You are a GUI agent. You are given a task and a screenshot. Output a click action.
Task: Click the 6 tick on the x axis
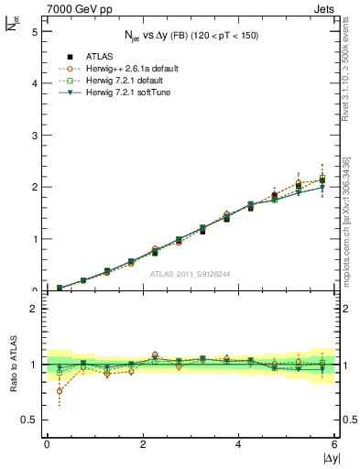pyautogui.click(x=335, y=444)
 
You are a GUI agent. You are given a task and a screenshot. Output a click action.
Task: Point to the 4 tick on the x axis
pyautogui.click(x=238, y=444)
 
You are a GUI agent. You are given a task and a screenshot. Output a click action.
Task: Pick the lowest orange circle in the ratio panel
pyautogui.click(x=60, y=391)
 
